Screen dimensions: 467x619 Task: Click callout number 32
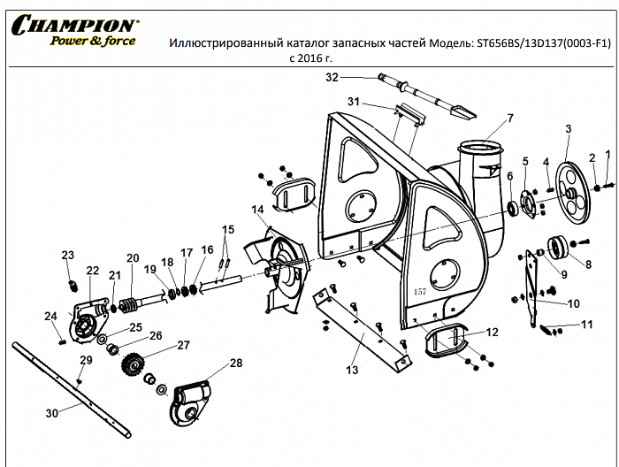pos(332,78)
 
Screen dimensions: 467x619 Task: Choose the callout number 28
pos(235,363)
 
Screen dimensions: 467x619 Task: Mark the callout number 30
pos(51,412)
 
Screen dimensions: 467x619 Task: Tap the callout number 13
pos(352,370)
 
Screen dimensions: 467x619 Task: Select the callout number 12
pos(493,332)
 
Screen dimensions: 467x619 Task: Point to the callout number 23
pos(67,255)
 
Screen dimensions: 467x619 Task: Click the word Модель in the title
pos(451,42)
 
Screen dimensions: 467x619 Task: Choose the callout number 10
pos(573,303)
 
